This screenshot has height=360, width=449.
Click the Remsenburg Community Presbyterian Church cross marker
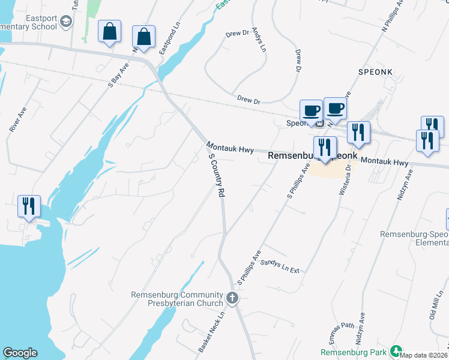coord(233,298)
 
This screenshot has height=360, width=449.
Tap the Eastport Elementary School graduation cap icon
coord(65,23)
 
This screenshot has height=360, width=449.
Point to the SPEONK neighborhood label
coord(375,72)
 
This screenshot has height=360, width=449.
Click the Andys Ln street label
coord(259,39)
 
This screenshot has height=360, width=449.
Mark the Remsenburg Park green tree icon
coord(396,351)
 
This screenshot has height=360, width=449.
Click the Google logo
coord(20,353)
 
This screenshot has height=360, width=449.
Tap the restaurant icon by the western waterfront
coord(29,206)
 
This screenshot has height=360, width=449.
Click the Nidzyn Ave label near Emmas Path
coord(361,326)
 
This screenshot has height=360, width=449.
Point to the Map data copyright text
coord(424,355)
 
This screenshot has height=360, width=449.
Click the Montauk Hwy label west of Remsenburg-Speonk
coord(231,148)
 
